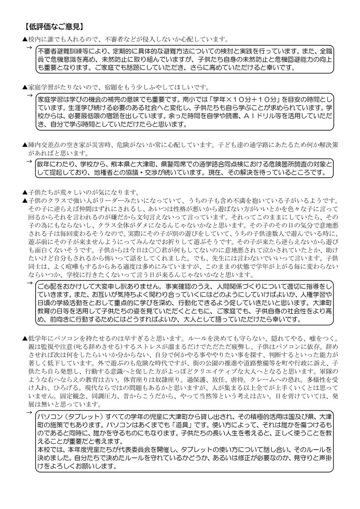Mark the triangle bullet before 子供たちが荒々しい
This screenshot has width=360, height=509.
25,192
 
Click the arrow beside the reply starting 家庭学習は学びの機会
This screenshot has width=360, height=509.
30,95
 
